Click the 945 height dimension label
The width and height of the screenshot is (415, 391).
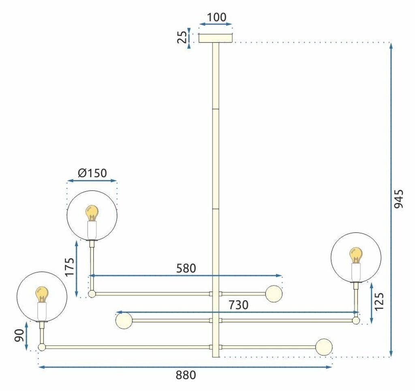399,199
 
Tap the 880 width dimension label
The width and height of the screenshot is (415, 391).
186,375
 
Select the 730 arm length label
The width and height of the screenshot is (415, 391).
238,305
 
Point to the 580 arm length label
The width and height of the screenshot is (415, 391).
186,268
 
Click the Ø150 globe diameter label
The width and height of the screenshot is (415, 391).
92,173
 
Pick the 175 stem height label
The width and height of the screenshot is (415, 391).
70,267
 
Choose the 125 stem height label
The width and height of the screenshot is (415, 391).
379,301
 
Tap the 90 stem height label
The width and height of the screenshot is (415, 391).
19,336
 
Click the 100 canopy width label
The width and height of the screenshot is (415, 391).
216,17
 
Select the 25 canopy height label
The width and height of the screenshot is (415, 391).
182,37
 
